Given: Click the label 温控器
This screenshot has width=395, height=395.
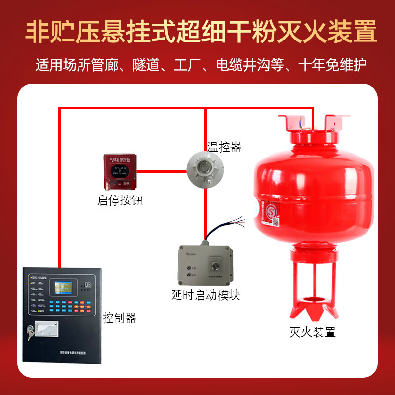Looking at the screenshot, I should [224, 146].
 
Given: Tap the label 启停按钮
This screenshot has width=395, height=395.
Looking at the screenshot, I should [120, 201].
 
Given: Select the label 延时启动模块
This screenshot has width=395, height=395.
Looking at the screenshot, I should [206, 295].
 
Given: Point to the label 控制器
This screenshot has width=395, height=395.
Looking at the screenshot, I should [119, 317].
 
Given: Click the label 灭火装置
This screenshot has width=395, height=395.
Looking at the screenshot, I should [313, 332].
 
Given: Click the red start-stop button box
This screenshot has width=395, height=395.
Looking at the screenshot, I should [120, 171].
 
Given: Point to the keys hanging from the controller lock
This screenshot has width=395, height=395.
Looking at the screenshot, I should [31, 336].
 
